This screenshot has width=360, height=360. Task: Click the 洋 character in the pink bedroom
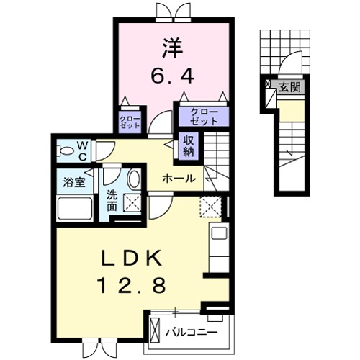172,48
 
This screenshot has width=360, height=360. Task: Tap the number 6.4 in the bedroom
172,76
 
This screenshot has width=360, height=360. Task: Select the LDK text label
131,258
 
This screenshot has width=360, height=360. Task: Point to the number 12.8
132,284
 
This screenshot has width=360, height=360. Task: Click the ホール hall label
179,179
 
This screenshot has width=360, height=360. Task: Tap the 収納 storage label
189,145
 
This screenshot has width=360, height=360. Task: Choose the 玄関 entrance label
290,87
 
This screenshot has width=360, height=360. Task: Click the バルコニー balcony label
192,333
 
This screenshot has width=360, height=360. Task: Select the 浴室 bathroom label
74,183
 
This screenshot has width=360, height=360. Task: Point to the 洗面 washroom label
112,200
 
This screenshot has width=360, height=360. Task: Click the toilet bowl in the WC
65,151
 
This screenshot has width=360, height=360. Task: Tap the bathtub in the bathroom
76,208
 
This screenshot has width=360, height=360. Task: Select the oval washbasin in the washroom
134,179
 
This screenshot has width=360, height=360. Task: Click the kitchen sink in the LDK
220,233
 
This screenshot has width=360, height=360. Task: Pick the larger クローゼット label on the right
204,117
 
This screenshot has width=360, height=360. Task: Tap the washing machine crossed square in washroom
132,203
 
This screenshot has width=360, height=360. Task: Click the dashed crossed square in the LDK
210,207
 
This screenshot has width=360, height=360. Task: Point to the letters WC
83,151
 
